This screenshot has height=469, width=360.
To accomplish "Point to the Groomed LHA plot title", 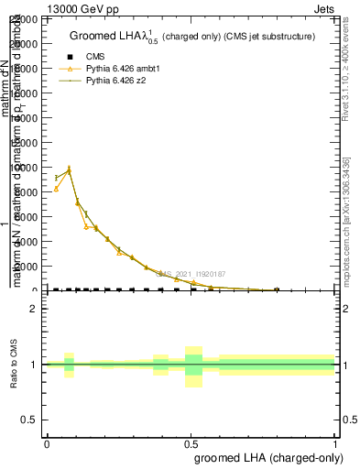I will pos(192,37).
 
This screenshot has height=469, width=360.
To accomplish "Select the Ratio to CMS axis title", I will pos(16,365).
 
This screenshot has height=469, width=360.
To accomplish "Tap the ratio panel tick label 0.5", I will pos(30,420).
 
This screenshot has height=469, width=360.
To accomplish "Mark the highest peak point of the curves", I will pos(69,169).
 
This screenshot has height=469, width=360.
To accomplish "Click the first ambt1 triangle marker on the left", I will pos(56,189).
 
